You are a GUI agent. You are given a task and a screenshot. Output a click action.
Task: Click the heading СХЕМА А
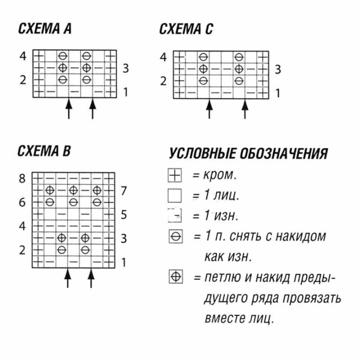coord(45,28)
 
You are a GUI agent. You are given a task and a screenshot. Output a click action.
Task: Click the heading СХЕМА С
coord(186,29)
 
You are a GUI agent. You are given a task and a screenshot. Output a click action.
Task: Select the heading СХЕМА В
coord(44,151)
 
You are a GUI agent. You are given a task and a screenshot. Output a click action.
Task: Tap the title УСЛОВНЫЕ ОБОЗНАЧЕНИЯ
coord(248,153)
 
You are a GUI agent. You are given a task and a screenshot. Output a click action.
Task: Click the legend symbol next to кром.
coord(174,175)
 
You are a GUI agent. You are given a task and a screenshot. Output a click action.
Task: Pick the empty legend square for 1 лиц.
coord(174,195)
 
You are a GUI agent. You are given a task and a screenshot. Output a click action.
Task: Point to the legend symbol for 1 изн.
coord(174,215)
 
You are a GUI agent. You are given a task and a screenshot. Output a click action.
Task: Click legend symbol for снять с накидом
coord(176,236)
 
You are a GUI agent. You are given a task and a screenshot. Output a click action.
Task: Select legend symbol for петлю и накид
coord(176,276)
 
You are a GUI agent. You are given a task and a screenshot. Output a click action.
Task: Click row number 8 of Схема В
coord(22,178)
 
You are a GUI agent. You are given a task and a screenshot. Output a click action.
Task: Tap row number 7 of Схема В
coord(124,190)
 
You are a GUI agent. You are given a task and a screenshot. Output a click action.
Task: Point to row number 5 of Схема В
coord(124,214)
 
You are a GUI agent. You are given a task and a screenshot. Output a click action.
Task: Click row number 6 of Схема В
coord(22,202)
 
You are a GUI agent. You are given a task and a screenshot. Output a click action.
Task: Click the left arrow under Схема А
coord(69,108)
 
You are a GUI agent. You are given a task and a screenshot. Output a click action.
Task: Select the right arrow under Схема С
coord(245,109)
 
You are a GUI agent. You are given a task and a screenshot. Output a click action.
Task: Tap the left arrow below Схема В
coord(67,278)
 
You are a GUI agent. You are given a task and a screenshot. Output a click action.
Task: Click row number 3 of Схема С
coord(278,69)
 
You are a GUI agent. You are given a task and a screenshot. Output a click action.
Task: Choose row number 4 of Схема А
coord(22,56)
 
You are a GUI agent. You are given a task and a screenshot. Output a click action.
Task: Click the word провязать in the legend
coord(312,298)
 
